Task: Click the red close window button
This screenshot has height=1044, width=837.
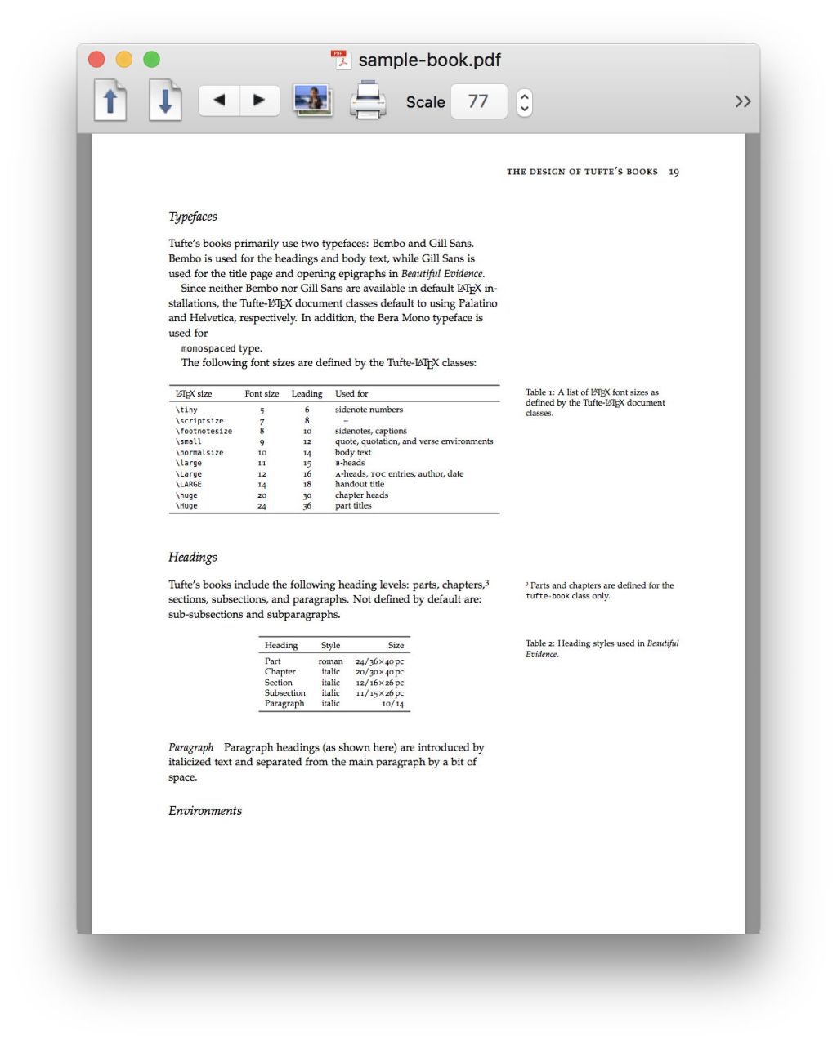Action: (96, 60)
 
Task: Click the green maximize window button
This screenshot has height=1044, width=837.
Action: (151, 60)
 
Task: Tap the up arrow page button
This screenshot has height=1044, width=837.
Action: (111, 101)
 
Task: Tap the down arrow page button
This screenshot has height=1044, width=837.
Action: (165, 101)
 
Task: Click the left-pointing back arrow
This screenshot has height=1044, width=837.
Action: (219, 101)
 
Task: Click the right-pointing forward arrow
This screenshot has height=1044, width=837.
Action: (259, 101)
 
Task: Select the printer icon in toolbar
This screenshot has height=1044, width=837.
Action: (368, 101)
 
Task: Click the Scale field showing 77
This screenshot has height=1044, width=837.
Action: (478, 101)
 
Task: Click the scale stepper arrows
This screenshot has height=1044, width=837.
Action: (525, 102)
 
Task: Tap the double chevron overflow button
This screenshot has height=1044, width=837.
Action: (742, 101)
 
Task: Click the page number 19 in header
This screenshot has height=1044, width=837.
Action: (674, 172)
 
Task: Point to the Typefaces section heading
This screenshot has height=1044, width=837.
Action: (193, 217)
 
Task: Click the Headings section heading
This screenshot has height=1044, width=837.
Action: (193, 558)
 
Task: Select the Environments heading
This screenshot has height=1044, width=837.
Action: (205, 811)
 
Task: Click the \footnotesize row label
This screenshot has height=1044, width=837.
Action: (204, 431)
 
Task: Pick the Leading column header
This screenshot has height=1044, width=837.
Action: (307, 394)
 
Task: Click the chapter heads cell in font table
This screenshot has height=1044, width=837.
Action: (361, 495)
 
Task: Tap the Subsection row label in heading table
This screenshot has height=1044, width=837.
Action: (284, 693)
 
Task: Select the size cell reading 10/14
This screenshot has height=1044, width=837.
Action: (392, 704)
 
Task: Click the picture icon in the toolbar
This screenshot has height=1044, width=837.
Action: (313, 101)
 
